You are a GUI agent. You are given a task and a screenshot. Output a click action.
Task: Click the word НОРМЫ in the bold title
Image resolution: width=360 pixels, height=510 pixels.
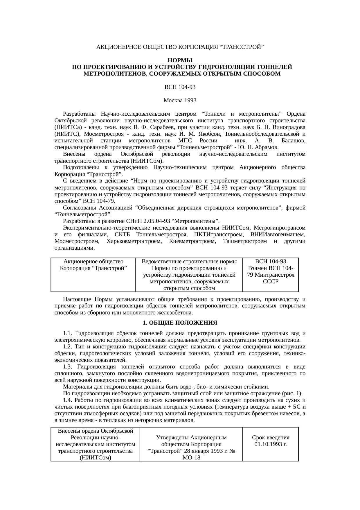(x=180, y=60)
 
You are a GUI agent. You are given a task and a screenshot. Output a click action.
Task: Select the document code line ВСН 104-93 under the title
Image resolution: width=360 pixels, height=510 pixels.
(x=180, y=87)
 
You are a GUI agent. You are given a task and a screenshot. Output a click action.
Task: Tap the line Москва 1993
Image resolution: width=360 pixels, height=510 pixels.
(x=180, y=101)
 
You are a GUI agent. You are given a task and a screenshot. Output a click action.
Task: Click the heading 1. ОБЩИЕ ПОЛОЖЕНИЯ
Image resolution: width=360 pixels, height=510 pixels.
(x=180, y=323)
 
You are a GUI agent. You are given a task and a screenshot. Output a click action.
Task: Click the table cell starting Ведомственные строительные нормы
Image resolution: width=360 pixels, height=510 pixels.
(x=189, y=275)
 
